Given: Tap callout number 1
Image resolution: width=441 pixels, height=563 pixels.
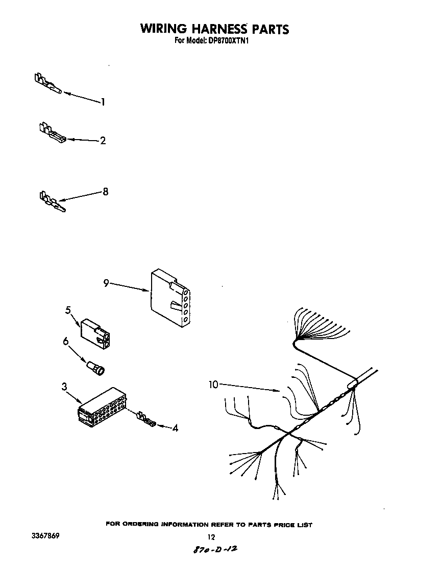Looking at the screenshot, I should point(103,102).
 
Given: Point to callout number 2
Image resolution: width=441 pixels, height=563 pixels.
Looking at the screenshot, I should point(103,141).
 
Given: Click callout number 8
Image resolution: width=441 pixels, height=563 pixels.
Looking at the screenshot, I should point(106,192).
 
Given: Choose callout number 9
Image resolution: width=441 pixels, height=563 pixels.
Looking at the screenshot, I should point(106,283).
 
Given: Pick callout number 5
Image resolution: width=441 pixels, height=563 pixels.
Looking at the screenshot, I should point(68,310).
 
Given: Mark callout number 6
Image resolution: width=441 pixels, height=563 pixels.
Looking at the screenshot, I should point(66,342).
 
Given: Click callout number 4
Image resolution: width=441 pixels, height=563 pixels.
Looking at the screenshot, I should point(175,429).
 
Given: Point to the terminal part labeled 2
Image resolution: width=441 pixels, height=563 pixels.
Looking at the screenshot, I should point(50,132).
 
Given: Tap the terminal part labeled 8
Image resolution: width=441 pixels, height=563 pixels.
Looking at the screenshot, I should point(51,201).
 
